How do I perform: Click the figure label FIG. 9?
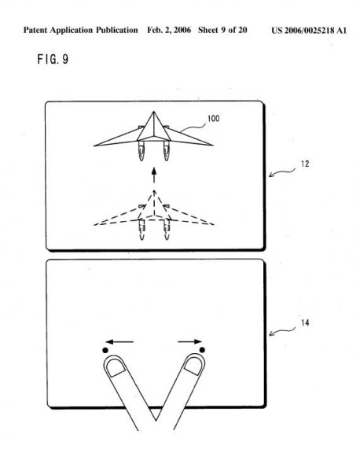(x=53, y=59)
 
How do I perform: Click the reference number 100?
(x=213, y=119)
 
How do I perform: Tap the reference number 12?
(x=305, y=164)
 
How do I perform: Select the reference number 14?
(x=305, y=322)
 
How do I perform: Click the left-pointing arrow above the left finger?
(x=119, y=342)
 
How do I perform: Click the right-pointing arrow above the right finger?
(x=189, y=342)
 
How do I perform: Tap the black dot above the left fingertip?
(x=105, y=350)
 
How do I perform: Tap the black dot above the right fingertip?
(x=202, y=350)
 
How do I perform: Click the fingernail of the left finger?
(x=116, y=367)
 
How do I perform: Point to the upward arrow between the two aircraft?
(x=154, y=175)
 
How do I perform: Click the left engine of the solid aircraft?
(x=141, y=150)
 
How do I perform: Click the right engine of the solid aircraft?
(x=167, y=150)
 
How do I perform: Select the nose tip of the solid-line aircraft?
(x=154, y=112)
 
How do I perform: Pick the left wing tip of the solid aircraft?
(x=94, y=146)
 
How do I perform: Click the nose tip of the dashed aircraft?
(x=154, y=190)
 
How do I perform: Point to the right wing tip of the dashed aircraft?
(x=213, y=224)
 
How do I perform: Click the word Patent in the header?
(x=34, y=30)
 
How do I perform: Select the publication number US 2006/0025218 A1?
(x=309, y=31)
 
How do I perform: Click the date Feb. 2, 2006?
(x=169, y=31)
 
